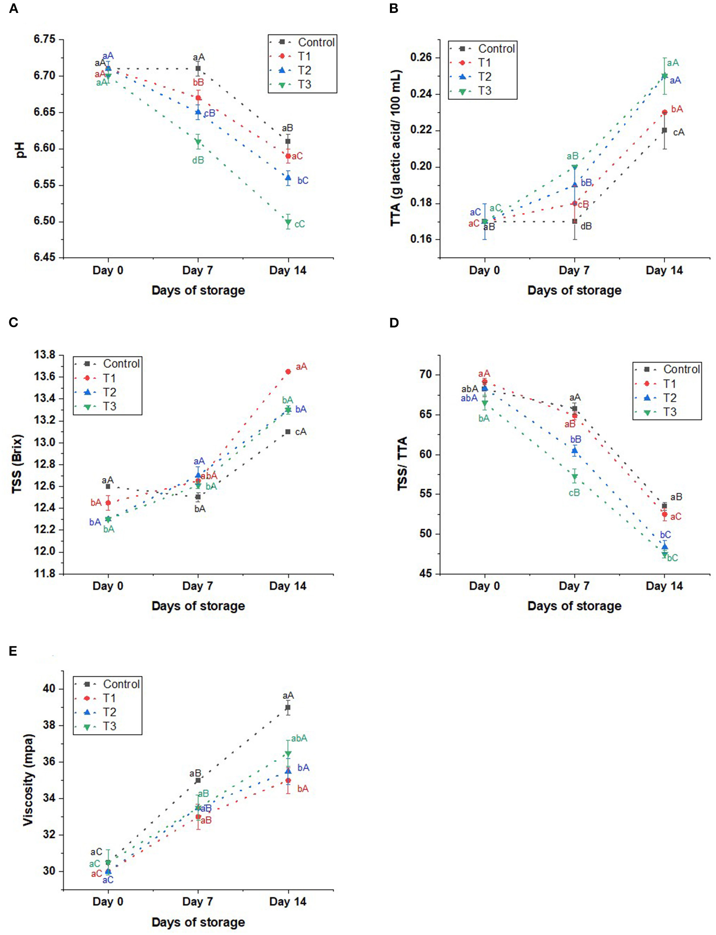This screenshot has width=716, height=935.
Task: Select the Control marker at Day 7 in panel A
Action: (x=198, y=68)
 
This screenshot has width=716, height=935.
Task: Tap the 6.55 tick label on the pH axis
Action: (x=44, y=185)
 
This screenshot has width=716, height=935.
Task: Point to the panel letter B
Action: (x=394, y=8)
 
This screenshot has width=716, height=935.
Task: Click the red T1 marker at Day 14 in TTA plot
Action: (x=664, y=112)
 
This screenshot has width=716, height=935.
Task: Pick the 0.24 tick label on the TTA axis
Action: (x=421, y=94)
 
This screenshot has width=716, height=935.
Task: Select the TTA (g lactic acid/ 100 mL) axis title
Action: (x=396, y=148)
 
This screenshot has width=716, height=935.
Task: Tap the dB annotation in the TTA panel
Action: (x=586, y=226)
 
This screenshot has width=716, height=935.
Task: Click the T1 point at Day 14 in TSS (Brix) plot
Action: (x=288, y=371)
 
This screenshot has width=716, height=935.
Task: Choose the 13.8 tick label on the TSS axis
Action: (x=44, y=355)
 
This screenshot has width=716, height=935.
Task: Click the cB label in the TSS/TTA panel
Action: (x=574, y=492)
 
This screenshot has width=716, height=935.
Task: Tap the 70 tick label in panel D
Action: (x=427, y=374)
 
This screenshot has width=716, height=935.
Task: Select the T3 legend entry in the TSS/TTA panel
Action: (x=670, y=412)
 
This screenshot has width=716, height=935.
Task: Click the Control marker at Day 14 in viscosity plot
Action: (x=288, y=707)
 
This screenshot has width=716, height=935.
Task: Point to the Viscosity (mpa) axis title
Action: (x=28, y=780)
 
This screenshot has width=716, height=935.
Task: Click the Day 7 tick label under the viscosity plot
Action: (x=197, y=902)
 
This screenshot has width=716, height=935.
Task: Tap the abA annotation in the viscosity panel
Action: (x=299, y=739)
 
